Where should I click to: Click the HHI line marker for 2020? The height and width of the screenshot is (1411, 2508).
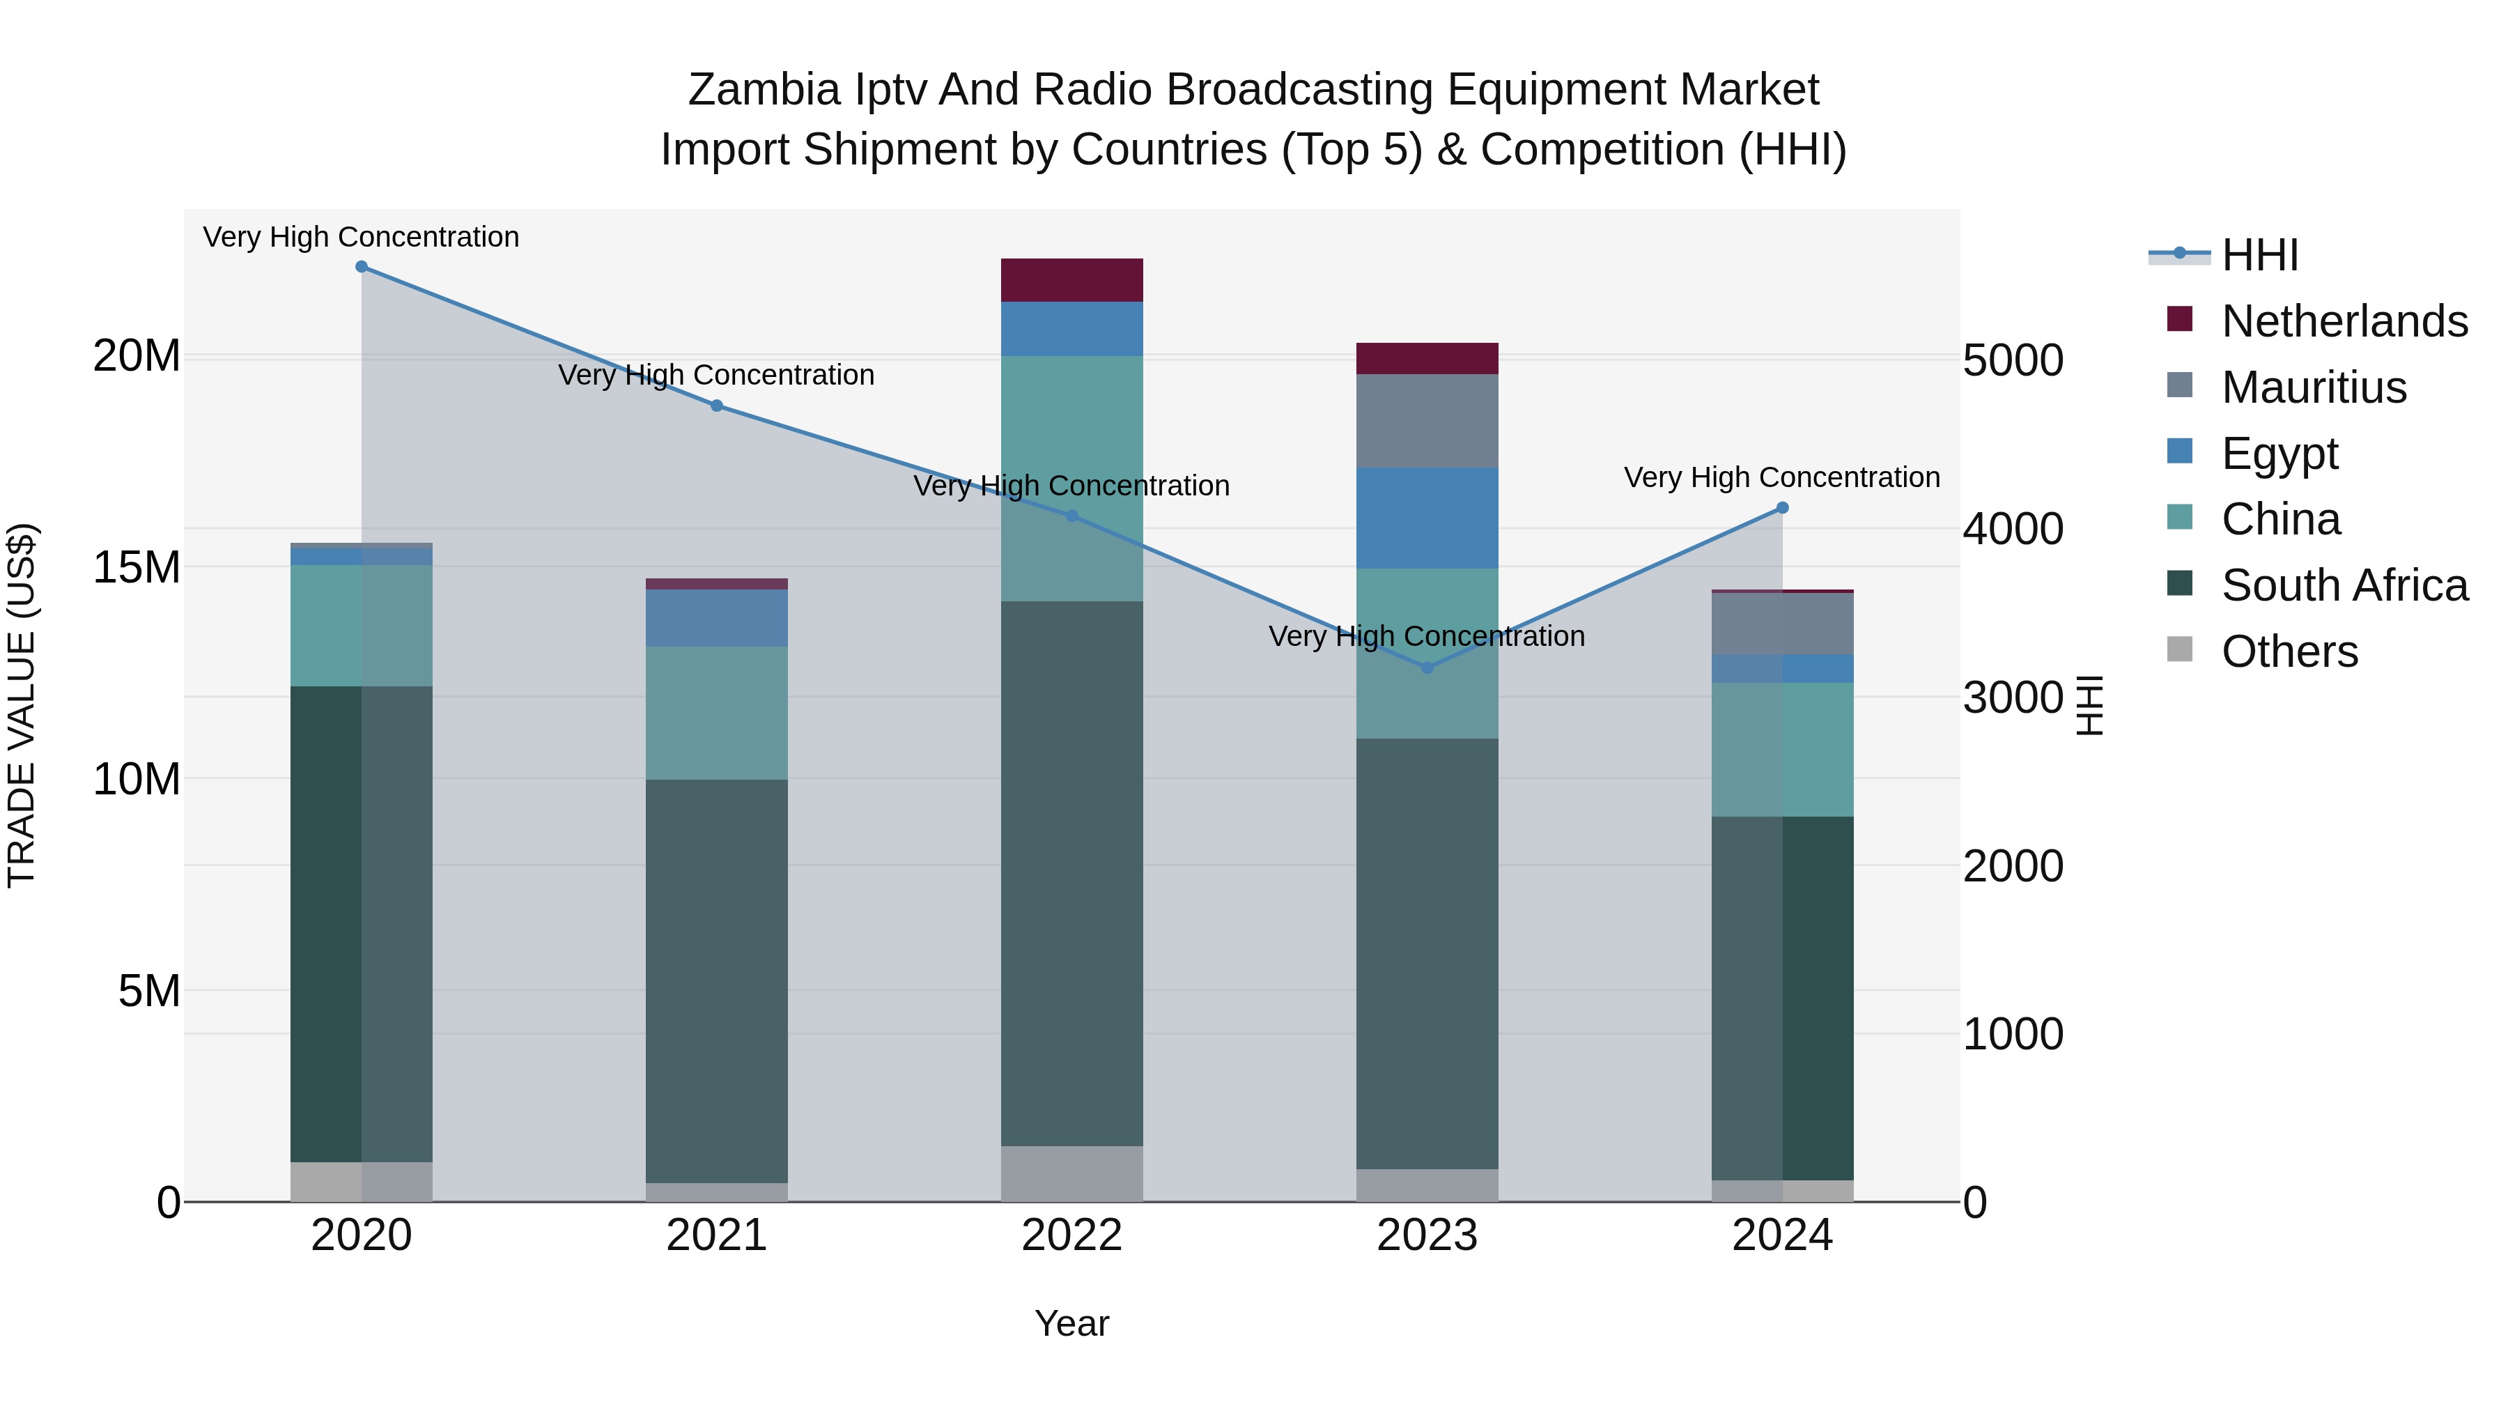(x=361, y=267)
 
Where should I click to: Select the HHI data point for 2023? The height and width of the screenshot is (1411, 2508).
(x=1427, y=668)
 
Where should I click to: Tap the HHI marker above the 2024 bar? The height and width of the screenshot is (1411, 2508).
(x=1783, y=507)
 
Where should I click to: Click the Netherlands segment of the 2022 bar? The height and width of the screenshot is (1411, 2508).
(x=1072, y=280)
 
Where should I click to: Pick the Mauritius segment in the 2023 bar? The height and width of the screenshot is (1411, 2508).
(x=1427, y=421)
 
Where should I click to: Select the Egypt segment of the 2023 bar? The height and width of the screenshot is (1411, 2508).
(x=1427, y=518)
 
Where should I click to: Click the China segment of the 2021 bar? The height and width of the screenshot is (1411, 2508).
(x=717, y=713)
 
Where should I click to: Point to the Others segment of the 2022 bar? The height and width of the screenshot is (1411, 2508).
(x=1072, y=1173)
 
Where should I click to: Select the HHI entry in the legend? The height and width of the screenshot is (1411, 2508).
(x=2259, y=255)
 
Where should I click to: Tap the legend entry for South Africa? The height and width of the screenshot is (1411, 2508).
(x=2344, y=585)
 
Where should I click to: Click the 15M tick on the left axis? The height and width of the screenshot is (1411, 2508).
(x=137, y=566)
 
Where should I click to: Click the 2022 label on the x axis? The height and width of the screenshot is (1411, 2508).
(x=1072, y=1235)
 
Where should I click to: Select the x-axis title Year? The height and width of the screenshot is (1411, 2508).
(x=1072, y=1323)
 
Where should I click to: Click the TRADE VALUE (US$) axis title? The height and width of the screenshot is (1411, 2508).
(x=22, y=705)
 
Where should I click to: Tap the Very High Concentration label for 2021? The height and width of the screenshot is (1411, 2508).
(x=717, y=375)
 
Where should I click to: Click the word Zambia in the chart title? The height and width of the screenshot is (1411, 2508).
(x=764, y=90)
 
